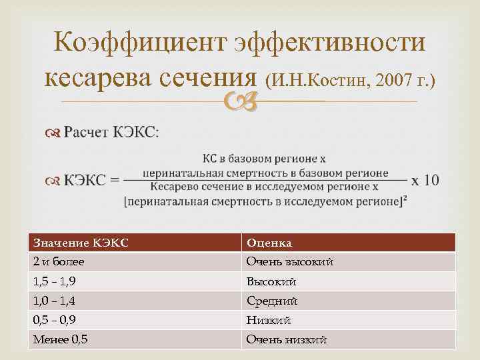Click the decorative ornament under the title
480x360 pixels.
point(239,102)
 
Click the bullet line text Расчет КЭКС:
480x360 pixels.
point(111,132)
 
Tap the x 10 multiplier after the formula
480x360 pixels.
point(425,180)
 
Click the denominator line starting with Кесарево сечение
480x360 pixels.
point(264,187)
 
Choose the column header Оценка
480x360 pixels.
point(269,243)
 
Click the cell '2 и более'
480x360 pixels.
point(59,262)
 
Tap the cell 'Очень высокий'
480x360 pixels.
point(289,262)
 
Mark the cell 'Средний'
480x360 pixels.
point(271,301)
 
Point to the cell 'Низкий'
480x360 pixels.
point(268,320)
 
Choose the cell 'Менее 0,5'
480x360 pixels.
point(60,339)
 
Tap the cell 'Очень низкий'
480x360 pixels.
point(286,339)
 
